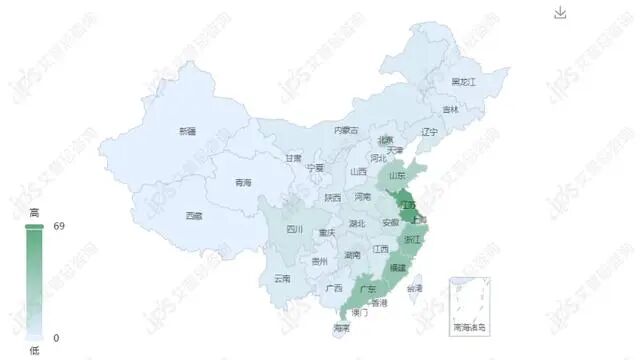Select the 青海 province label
243,182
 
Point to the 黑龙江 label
464,81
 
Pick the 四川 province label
294,229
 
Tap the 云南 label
282,278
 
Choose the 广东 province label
367,289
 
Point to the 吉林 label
451,109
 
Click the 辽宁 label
430,131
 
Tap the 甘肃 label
293,157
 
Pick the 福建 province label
398,267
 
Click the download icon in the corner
560,12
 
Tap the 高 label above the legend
34,212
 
